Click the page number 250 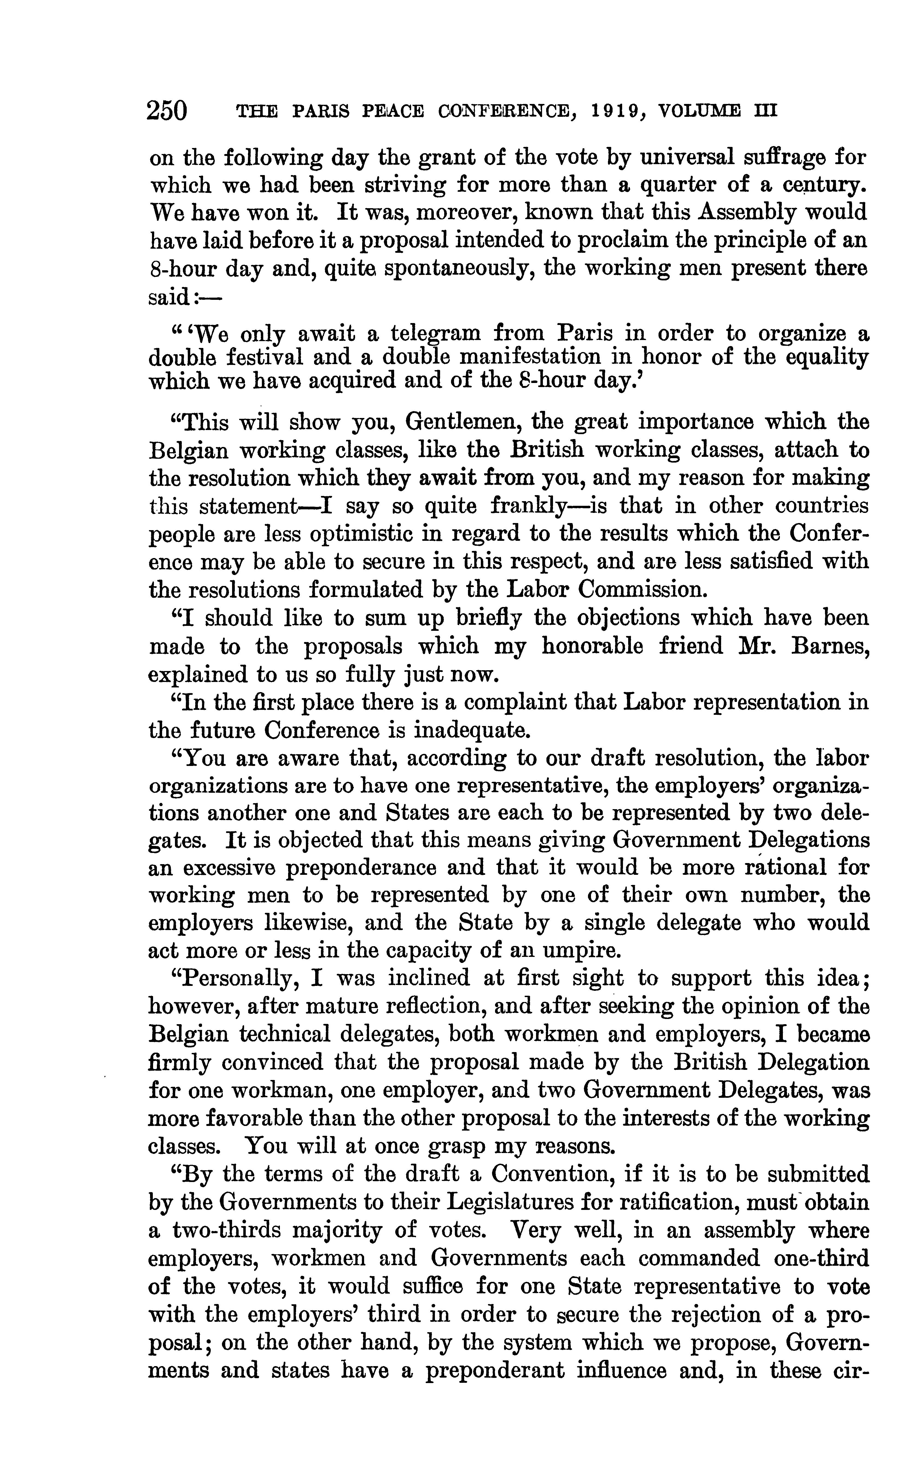[167, 111]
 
